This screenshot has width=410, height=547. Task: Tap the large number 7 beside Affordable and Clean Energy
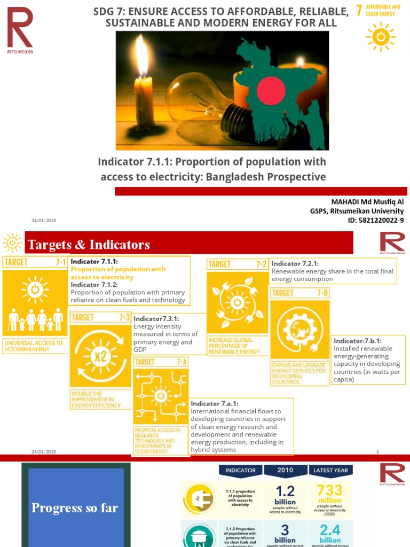pyautogui.click(x=359, y=10)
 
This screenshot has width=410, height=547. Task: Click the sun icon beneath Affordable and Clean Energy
pyautogui.click(x=381, y=37)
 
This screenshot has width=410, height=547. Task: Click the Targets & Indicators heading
pyautogui.click(x=89, y=245)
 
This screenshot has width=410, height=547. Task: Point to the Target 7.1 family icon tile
pyautogui.click(x=35, y=303)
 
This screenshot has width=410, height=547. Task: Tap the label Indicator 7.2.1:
pyautogui.click(x=295, y=263)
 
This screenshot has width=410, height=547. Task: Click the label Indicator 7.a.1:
pyautogui.click(x=215, y=404)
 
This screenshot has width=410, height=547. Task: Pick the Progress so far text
pyautogui.click(x=75, y=507)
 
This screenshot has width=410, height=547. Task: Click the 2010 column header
pyautogui.click(x=285, y=471)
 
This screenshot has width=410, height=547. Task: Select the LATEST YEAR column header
pyautogui.click(x=330, y=471)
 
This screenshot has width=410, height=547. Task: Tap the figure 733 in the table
pyautogui.click(x=329, y=491)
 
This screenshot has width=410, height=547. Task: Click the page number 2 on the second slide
pyautogui.click(x=377, y=452)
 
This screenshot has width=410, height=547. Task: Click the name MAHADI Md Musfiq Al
pyautogui.click(x=368, y=202)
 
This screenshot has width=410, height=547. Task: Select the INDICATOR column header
pyautogui.click(x=241, y=471)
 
